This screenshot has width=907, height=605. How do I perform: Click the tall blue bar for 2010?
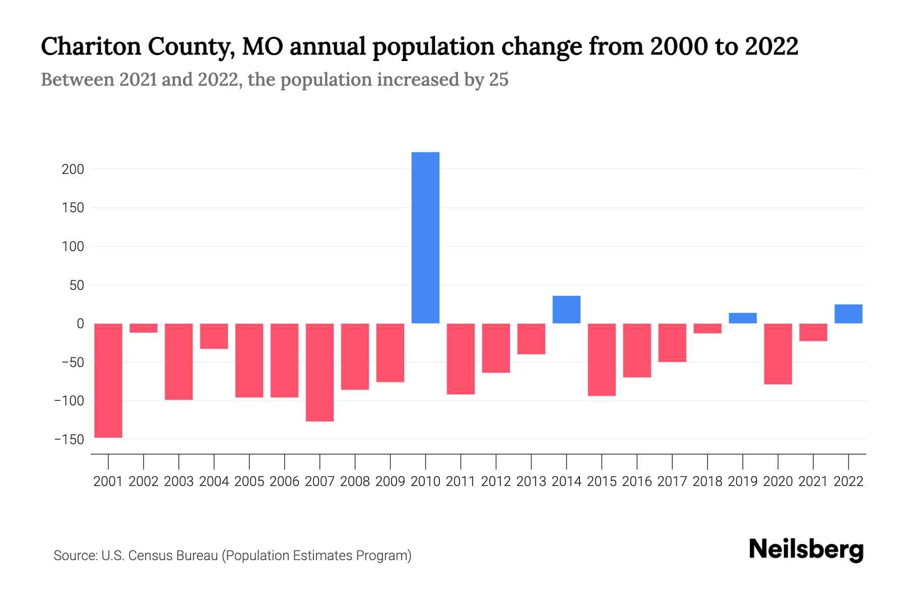point(425,237)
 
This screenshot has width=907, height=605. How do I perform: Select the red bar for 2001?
point(108,380)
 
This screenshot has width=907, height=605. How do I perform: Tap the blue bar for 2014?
point(566,310)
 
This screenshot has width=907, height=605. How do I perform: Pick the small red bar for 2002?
point(144,328)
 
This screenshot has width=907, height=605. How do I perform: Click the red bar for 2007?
point(319,372)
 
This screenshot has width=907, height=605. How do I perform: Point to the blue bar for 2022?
point(848,314)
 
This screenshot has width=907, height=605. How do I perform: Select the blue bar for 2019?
point(742,318)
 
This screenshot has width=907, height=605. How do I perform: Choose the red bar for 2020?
point(778,353)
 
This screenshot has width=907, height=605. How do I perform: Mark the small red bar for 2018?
point(707,328)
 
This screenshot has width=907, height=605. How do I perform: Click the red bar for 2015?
point(602,359)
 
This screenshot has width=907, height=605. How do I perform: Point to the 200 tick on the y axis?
point(73,169)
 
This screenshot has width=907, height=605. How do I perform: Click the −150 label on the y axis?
point(69,440)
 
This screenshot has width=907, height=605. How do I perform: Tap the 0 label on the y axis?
point(80,324)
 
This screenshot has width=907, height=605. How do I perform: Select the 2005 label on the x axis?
point(249,481)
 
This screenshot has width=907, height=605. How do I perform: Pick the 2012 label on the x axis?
point(496,481)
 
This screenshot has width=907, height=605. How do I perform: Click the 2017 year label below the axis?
point(672,481)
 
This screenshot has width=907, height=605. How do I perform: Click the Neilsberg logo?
point(806,550)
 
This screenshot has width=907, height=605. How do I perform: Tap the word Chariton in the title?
point(90,47)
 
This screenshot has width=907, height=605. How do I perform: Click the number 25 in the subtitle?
point(498,80)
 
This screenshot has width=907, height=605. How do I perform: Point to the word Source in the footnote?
point(75,556)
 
